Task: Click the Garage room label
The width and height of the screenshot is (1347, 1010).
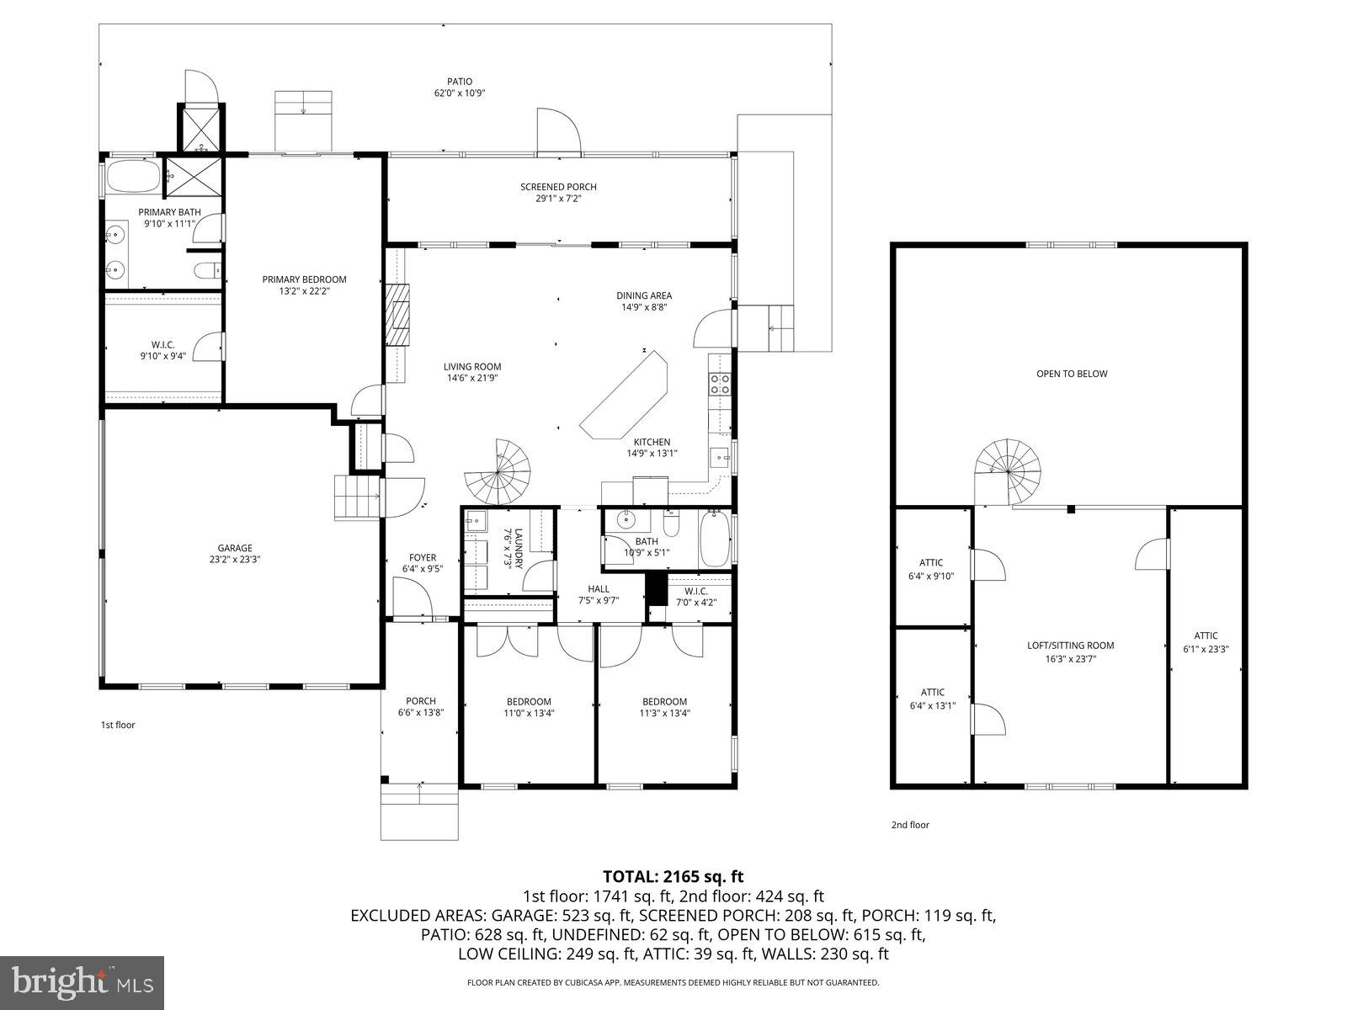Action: (235, 548)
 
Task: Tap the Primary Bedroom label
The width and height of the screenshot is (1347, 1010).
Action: (304, 279)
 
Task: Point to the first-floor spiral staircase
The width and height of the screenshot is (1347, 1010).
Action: (500, 471)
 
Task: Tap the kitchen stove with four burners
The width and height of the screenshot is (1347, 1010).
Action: (721, 384)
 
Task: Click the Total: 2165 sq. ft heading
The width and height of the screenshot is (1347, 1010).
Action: (673, 876)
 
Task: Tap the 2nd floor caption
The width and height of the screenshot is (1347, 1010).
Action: (910, 825)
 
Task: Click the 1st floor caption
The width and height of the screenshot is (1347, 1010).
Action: (118, 725)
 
